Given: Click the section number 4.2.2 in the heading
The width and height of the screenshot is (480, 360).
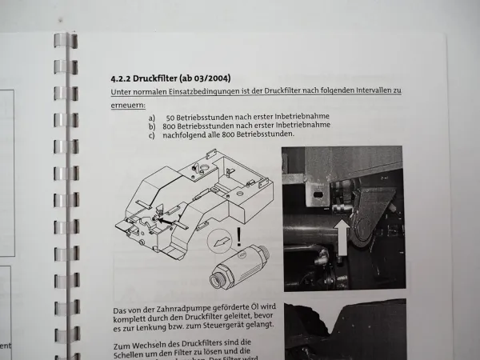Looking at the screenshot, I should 122,79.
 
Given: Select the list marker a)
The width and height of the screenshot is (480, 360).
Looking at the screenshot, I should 152,117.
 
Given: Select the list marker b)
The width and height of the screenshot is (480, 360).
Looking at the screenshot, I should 152,126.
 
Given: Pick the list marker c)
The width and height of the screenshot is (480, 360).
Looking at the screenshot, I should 152,134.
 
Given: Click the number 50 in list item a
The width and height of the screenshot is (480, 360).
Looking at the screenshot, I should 171,117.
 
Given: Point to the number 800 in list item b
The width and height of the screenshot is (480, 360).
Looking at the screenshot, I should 171,126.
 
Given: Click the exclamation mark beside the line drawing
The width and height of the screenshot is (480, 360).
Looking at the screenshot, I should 238,237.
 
